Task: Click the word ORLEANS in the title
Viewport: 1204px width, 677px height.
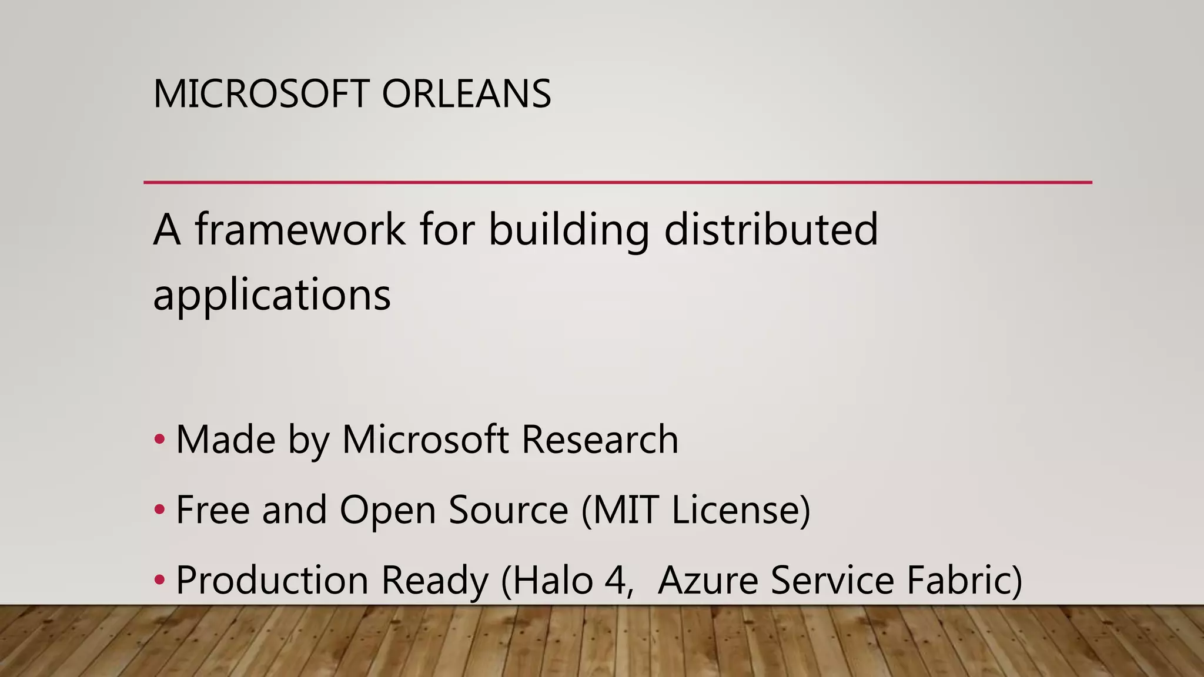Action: [466, 94]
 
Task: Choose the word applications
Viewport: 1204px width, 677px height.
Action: [272, 295]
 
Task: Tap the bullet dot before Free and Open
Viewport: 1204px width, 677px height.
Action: [159, 510]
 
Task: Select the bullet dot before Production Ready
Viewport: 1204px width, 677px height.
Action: [159, 580]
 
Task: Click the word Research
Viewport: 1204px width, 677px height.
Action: [600, 440]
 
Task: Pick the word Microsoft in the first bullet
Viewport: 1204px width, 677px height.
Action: [425, 440]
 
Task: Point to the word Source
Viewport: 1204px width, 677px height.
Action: [508, 510]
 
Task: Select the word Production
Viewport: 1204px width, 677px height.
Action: [272, 580]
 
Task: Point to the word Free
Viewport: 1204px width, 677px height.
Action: [213, 510]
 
